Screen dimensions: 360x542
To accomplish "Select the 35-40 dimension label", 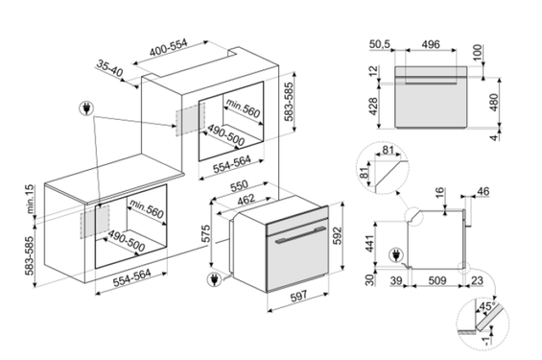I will tap(113, 68).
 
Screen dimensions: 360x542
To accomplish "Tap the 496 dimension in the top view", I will tap(431, 43).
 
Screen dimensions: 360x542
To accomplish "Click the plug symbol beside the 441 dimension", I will tap(394, 257).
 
